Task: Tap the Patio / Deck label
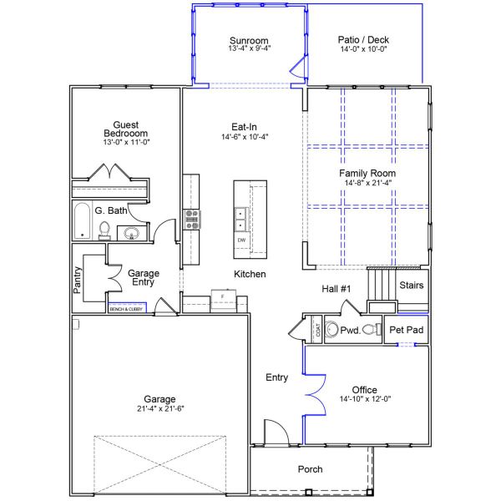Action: coord(363,39)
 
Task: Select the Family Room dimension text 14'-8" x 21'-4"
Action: coord(366,183)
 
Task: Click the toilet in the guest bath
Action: coord(105,229)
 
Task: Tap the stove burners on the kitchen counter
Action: coord(191,219)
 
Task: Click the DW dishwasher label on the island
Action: coord(241,240)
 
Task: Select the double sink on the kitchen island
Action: coord(241,219)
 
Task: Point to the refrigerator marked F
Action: coord(222,296)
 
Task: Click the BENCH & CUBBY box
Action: coord(126,309)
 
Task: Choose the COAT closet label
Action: coord(317,330)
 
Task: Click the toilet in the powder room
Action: coord(331,329)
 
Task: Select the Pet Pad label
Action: coord(407,331)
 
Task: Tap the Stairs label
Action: coord(411,286)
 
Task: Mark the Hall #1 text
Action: coord(337,288)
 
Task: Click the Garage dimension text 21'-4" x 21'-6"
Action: coord(159,409)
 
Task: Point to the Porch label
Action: coord(310,469)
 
